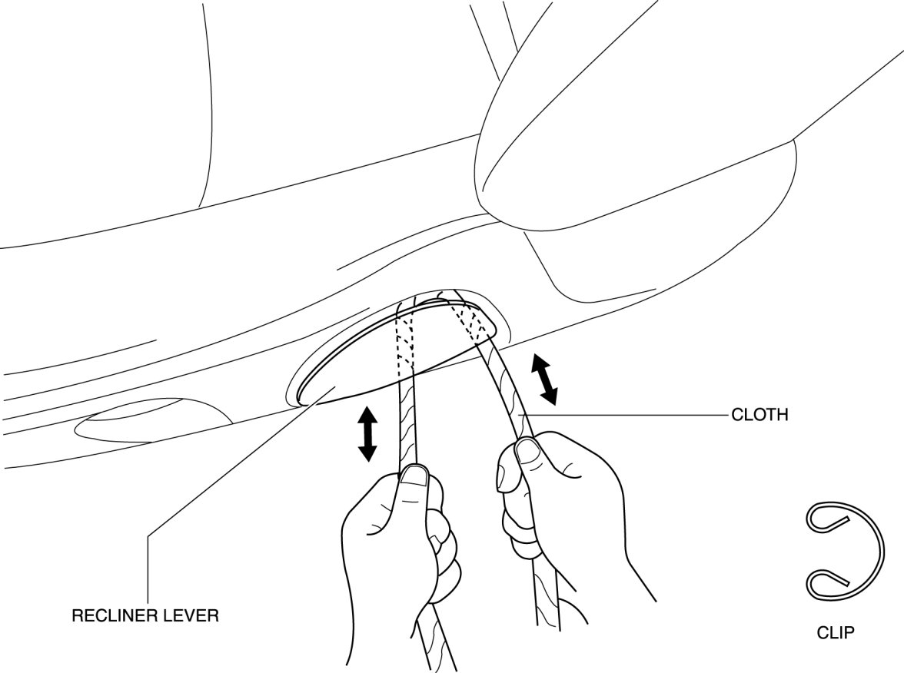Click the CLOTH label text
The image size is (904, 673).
[759, 416]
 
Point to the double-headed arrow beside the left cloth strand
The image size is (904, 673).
[367, 434]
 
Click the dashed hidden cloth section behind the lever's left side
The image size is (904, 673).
[406, 342]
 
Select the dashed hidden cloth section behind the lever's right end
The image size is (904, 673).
[470, 319]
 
